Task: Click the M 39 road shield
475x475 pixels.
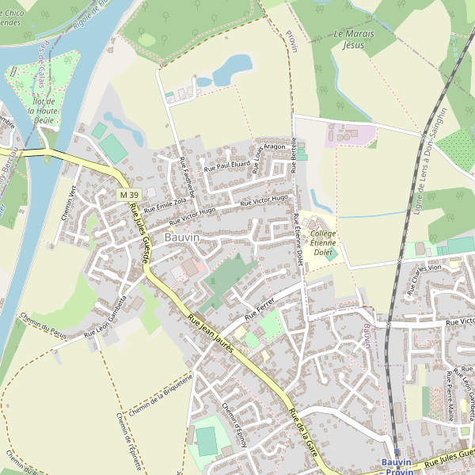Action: click(x=129, y=195)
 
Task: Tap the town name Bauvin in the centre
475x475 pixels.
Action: click(x=182, y=237)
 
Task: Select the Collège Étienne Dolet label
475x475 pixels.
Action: click(x=322, y=243)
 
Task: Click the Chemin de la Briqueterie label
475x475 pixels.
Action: click(x=160, y=397)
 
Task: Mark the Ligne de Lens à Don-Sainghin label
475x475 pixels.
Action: click(x=430, y=162)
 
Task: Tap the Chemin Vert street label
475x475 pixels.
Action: click(x=69, y=203)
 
